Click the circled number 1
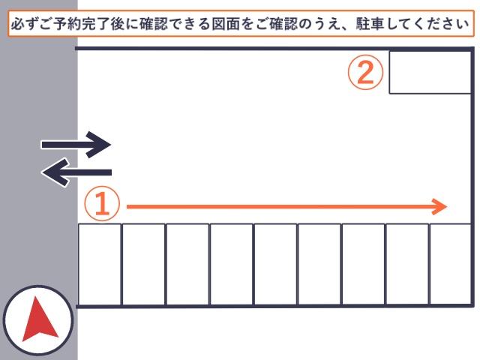pos(102,203)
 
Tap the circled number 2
pos(365,72)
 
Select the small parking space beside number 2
pos(430,72)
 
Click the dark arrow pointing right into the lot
pos(76,145)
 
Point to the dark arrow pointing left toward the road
pos(76,172)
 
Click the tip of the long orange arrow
pos(447,207)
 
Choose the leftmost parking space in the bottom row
pos(100,265)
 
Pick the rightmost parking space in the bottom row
pos(450,265)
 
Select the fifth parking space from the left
pos(275,265)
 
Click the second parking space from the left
pos(143,265)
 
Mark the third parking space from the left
pos(187,265)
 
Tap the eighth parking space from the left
pos(407,265)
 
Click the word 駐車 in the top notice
pos(370,24)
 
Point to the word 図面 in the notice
pos(226,24)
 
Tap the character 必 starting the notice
pos(18,24)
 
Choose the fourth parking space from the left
pos(232,265)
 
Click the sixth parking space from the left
pos(319,265)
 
